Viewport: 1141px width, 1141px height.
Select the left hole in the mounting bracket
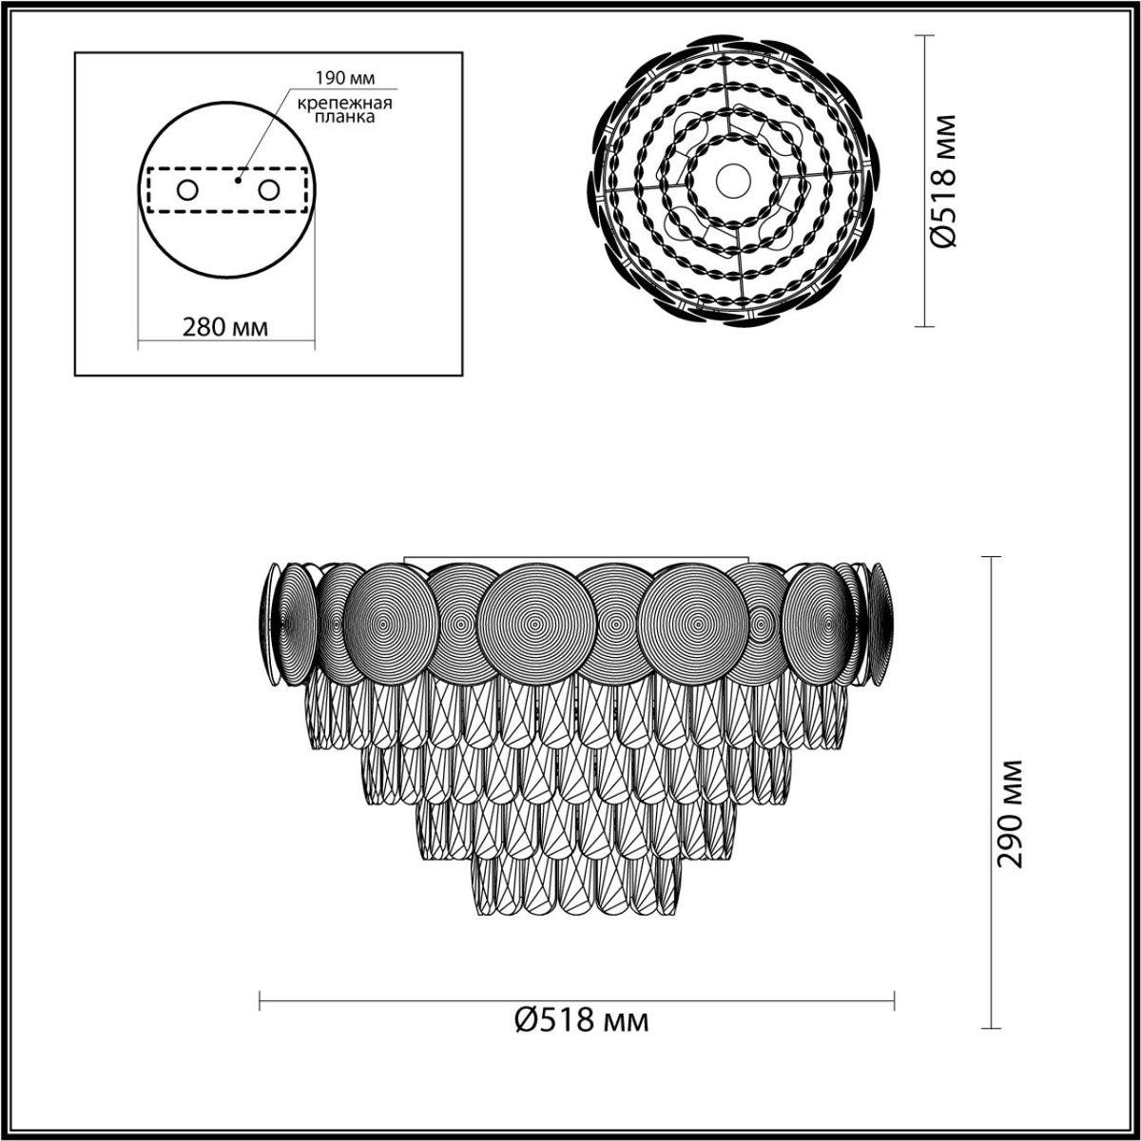(186, 190)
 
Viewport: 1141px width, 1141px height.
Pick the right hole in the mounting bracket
(269, 190)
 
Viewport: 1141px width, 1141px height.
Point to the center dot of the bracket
(240, 178)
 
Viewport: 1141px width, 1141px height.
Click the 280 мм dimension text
(225, 327)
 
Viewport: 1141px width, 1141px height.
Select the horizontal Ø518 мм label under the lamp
(582, 1021)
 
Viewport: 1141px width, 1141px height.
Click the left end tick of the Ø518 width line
(261, 999)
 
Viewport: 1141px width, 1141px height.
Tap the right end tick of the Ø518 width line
(894, 999)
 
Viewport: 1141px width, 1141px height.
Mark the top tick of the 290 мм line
(993, 557)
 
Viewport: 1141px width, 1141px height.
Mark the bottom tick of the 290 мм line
(993, 1029)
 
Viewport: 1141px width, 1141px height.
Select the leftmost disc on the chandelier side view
(272, 623)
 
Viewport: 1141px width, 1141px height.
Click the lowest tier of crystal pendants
(578, 884)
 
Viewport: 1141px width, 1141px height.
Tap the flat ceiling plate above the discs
(577, 559)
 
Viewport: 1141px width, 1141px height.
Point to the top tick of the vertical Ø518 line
(921, 35)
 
